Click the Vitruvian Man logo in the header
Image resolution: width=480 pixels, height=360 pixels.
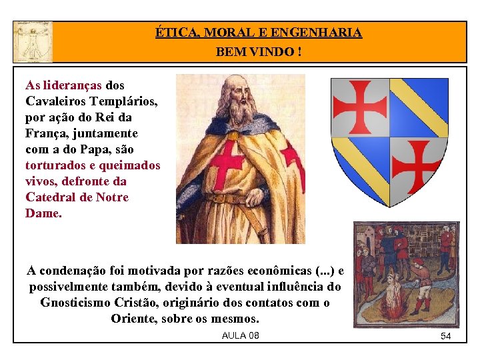tap(32, 41)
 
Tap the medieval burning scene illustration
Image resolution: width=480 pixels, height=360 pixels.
tap(406, 274)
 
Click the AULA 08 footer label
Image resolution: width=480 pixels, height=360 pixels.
tap(240, 335)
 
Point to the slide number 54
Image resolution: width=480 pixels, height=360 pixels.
tap(445, 337)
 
